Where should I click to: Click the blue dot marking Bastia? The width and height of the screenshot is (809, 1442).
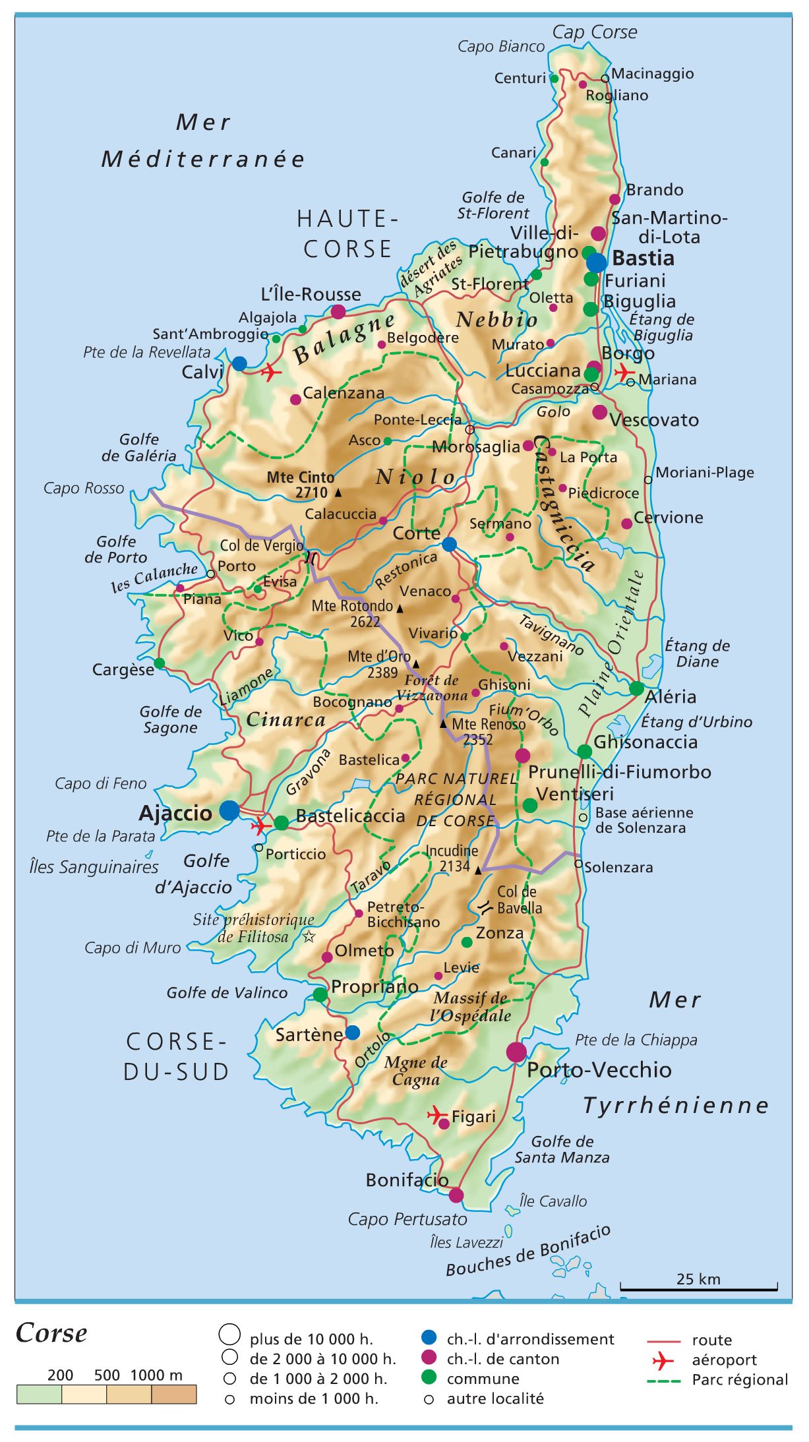click(x=596, y=262)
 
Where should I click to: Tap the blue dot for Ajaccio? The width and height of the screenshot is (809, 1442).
click(x=229, y=810)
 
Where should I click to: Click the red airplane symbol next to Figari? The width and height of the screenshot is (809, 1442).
click(x=436, y=1115)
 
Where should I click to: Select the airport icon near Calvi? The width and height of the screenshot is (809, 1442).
click(x=270, y=373)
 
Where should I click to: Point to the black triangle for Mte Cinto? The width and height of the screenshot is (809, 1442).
click(x=338, y=493)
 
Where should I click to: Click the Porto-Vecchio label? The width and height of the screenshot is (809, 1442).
click(x=599, y=1069)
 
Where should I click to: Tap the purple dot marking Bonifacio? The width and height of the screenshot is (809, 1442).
click(x=456, y=1195)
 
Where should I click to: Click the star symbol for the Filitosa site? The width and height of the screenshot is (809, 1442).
click(x=309, y=936)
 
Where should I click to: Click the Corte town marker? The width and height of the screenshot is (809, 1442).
click(x=449, y=544)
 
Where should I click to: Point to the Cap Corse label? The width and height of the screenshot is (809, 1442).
click(x=594, y=32)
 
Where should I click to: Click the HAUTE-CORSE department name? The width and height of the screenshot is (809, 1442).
click(x=347, y=233)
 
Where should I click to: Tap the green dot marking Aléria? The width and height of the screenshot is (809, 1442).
click(x=636, y=688)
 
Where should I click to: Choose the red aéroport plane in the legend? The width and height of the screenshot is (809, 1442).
click(x=663, y=1360)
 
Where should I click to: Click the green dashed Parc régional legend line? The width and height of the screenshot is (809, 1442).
click(x=664, y=1380)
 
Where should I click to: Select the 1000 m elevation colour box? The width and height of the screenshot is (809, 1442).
click(x=174, y=1394)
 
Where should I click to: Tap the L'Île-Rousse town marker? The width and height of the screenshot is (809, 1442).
click(x=338, y=312)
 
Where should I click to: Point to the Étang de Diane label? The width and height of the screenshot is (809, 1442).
click(x=696, y=653)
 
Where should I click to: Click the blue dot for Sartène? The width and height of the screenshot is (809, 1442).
click(x=353, y=1032)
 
